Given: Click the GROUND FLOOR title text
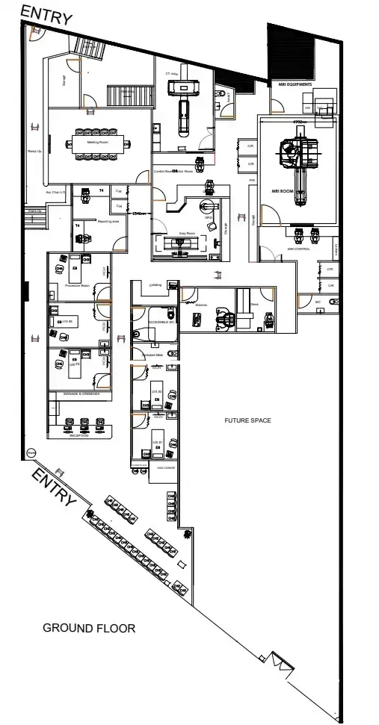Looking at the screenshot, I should click(x=89, y=628).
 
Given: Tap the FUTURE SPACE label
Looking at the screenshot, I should click(x=247, y=420).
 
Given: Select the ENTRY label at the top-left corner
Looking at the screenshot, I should click(x=46, y=14).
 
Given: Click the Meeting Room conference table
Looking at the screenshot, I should click(x=96, y=143).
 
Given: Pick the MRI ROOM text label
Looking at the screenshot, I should click(x=280, y=191).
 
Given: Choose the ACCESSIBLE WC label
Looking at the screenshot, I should click(x=162, y=322).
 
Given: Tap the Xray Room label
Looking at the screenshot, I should click(x=186, y=234).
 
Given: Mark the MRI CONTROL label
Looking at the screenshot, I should click(x=298, y=249).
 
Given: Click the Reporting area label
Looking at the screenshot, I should click(x=109, y=221).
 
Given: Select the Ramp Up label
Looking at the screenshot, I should click(x=34, y=151).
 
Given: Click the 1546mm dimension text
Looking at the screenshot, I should click(x=138, y=214).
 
